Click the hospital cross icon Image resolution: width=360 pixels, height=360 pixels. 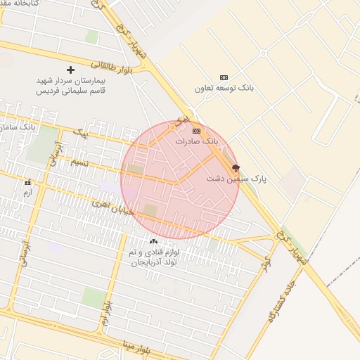pyautogui.click(x=70, y=70)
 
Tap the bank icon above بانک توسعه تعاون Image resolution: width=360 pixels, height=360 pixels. pyautogui.click(x=224, y=77)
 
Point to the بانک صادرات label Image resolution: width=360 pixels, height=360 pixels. pyautogui.click(x=197, y=141)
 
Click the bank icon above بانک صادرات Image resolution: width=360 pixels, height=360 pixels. pyautogui.click(x=196, y=131)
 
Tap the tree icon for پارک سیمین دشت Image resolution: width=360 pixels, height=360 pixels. pyautogui.click(x=236, y=169)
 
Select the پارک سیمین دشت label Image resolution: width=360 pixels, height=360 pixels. pyautogui.click(x=236, y=179)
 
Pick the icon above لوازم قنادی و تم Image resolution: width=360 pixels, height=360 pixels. pyautogui.click(x=154, y=241)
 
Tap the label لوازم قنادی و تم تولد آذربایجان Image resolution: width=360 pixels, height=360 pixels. pyautogui.click(x=154, y=257)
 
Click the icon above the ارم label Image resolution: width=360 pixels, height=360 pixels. pyautogui.click(x=28, y=183)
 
